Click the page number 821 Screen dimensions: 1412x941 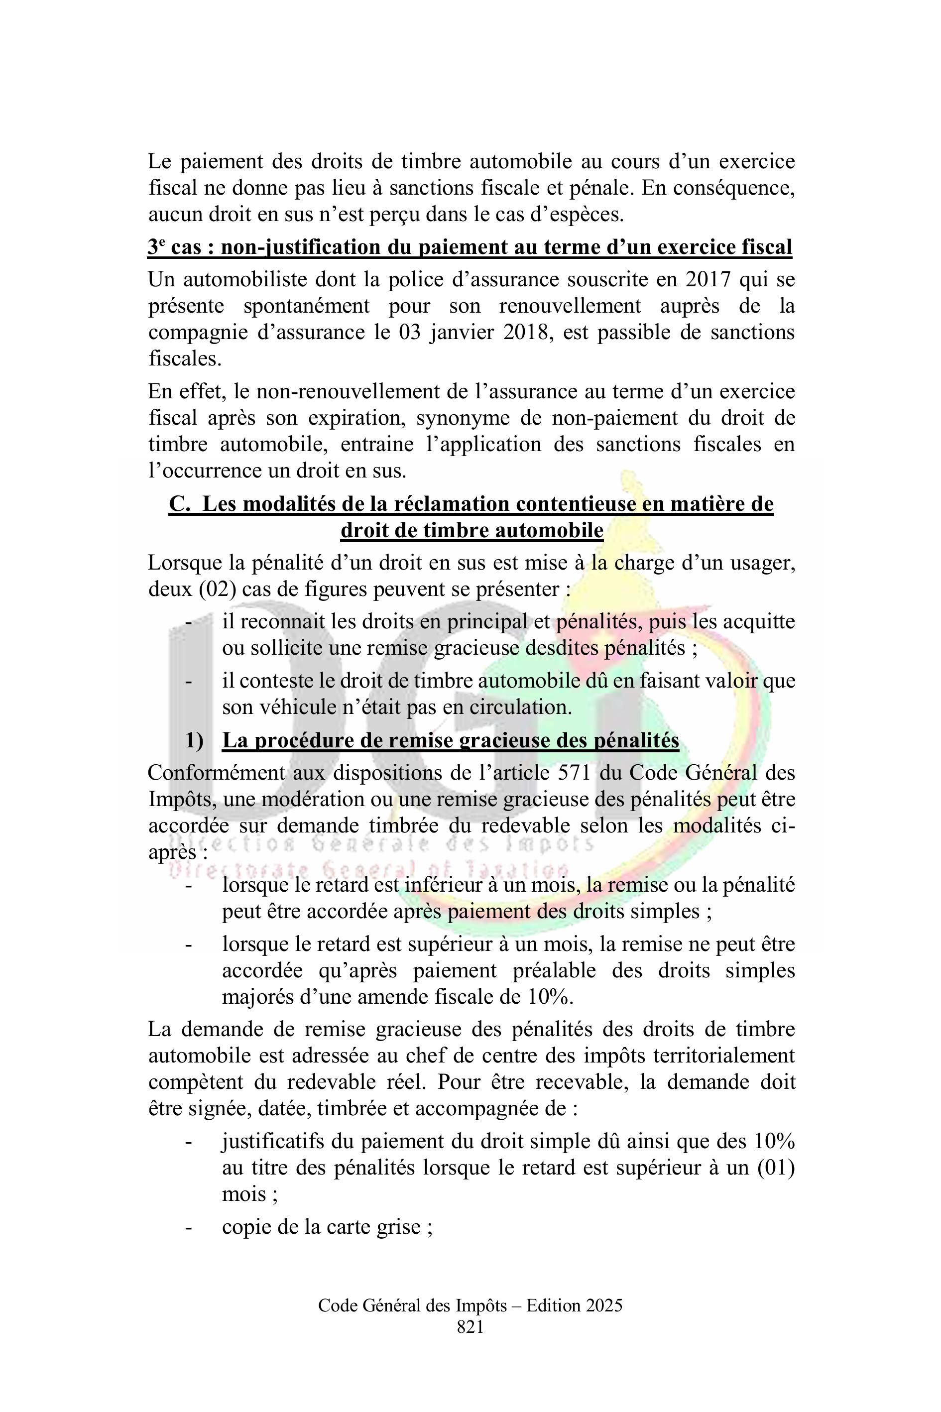[470, 1327]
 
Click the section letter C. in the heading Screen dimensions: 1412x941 [179, 504]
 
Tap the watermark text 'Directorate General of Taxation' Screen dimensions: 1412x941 [372, 869]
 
